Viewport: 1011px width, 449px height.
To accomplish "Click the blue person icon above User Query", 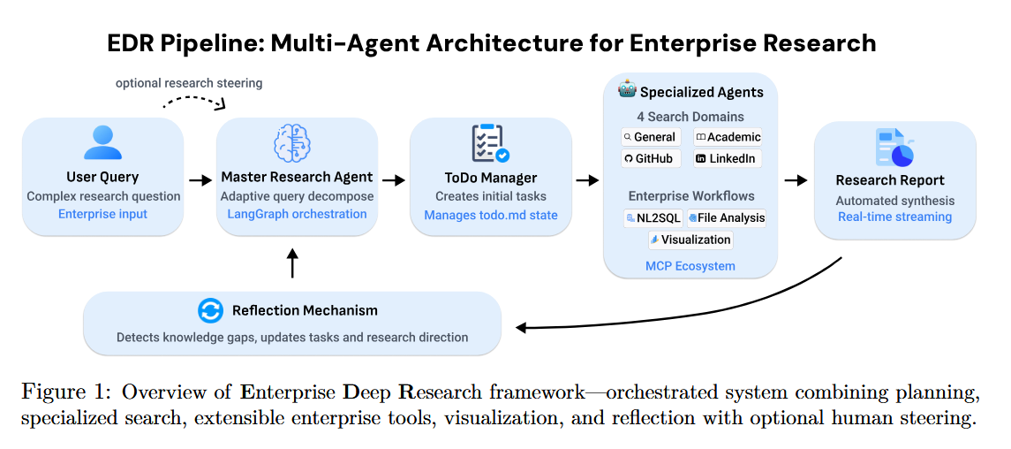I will coord(102,142).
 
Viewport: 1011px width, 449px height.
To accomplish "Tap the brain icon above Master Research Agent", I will coord(297,143).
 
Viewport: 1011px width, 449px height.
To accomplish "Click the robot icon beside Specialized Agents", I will coord(626,91).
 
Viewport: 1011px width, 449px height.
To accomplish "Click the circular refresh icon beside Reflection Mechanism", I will coord(211,310).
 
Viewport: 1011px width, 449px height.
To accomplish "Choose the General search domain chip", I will coord(649,137).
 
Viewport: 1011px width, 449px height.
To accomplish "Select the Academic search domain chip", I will coord(728,137).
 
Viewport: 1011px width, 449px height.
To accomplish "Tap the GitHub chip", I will coord(649,158).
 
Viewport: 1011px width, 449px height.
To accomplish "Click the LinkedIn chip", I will coord(727,158).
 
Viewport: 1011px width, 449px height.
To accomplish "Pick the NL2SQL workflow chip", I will coord(653,217).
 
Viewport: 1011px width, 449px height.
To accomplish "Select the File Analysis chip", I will coord(728,217).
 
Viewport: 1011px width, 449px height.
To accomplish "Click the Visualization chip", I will coord(690,240).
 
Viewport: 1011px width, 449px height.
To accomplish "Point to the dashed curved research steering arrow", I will coord(194,100).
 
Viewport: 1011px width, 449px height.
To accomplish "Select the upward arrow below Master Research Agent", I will coord(293,263).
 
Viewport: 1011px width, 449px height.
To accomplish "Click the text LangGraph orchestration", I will coord(297,214).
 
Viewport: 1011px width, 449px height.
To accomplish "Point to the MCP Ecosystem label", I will coord(690,265).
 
